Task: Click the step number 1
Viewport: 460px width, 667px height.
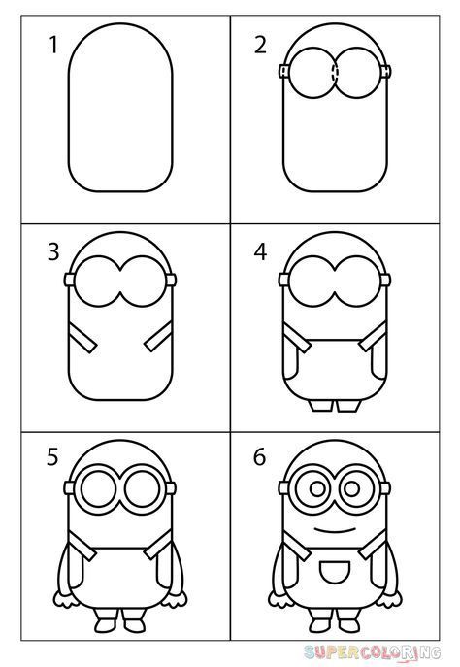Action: [x=54, y=45]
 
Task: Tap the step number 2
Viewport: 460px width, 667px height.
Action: [x=260, y=45]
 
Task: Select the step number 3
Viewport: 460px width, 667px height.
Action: [x=53, y=254]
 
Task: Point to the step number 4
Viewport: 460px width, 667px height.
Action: [x=259, y=254]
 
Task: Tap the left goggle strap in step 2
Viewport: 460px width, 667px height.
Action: [x=284, y=71]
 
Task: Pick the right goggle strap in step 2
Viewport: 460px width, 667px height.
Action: [x=385, y=71]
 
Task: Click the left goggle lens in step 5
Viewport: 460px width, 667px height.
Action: [x=101, y=489]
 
